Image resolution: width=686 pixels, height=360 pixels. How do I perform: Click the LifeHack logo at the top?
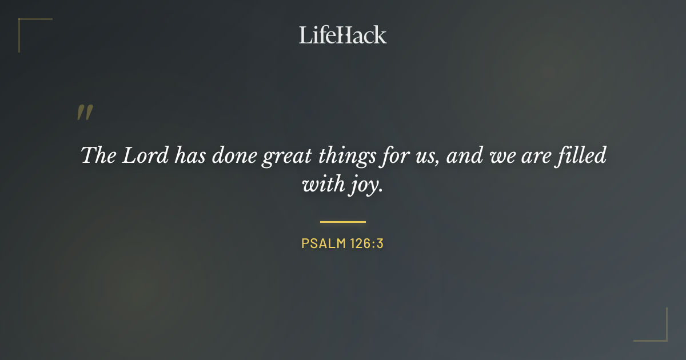[343, 35]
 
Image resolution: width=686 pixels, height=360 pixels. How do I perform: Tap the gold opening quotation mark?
[84, 113]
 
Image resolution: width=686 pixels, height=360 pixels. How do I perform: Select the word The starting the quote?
[98, 156]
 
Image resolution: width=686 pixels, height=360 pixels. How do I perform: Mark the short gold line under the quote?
[343, 222]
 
